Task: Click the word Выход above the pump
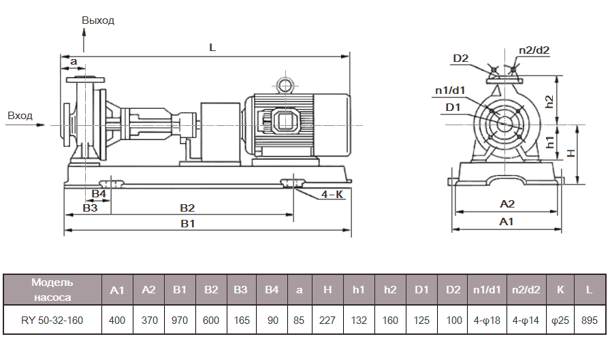98,20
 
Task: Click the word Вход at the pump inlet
20,116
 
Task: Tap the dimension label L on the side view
212,48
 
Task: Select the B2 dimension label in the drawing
187,208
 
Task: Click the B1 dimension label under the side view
188,224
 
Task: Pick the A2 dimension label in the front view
507,203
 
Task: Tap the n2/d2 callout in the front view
534,50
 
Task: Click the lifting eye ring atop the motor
283,84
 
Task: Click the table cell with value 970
180,321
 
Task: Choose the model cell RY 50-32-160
52,321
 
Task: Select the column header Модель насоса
52,289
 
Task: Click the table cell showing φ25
560,321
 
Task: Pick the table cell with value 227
327,321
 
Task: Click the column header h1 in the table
359,290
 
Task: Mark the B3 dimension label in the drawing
90,208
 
